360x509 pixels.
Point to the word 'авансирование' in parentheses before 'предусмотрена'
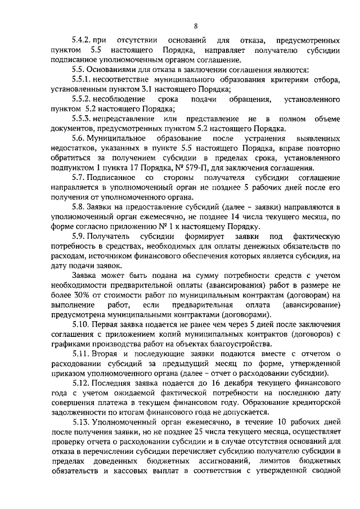click(312, 304)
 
